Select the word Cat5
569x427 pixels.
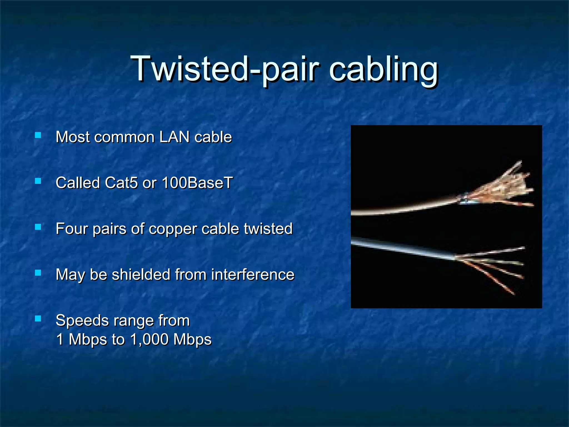coord(121,183)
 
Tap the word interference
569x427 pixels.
coord(253,275)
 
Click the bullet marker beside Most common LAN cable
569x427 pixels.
coord(38,135)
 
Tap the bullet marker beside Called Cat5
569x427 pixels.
coord(38,181)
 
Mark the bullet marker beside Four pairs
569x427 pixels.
coord(38,227)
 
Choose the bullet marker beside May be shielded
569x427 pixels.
coord(38,273)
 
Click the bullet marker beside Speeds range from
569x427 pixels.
coord(38,319)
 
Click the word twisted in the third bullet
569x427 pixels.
coord(268,229)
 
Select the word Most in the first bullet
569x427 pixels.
coord(73,137)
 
